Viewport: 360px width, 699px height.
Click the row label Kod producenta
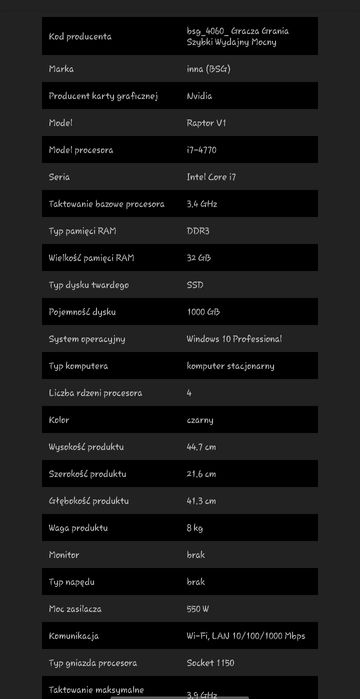point(80,37)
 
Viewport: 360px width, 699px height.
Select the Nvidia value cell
point(199,96)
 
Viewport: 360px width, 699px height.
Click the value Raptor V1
point(206,123)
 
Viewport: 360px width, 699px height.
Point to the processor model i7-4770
point(203,150)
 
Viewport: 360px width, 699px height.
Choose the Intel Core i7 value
point(212,177)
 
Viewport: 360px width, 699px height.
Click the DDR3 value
point(198,231)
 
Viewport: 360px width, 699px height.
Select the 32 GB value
point(199,258)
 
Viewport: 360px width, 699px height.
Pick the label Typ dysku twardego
point(88,285)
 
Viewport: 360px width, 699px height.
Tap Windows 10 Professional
point(234,339)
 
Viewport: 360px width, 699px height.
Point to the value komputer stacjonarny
point(230,366)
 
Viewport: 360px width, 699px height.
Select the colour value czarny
point(200,420)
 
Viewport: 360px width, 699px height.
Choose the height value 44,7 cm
point(201,447)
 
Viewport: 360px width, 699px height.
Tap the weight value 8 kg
point(195,528)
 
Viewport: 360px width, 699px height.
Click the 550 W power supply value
point(198,609)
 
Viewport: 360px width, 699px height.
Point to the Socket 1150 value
point(210,663)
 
